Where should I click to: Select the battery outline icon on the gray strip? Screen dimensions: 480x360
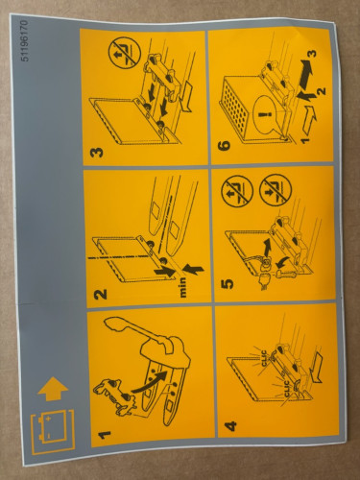45,429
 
